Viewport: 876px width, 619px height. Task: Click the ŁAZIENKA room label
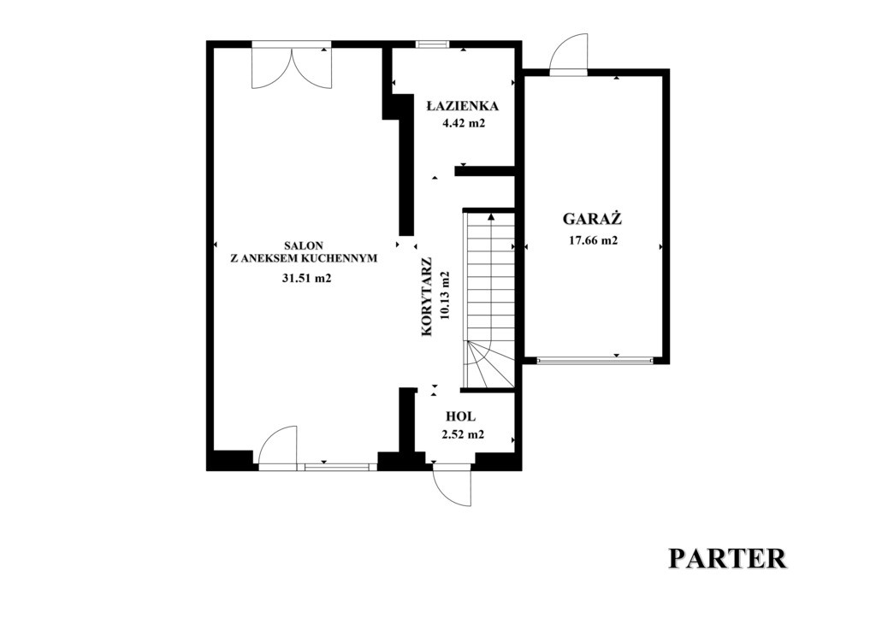click(x=462, y=105)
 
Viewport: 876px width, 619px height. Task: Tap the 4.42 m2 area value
click(x=463, y=123)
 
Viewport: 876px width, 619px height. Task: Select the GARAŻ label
click(x=592, y=218)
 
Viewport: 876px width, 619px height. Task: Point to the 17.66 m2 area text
click(x=593, y=240)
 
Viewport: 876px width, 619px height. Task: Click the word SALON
click(x=304, y=245)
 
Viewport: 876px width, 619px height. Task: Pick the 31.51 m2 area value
click(x=307, y=279)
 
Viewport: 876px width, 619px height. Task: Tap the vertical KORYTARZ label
click(x=427, y=297)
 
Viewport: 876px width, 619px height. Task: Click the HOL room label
click(x=461, y=416)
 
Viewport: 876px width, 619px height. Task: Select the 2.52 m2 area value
click(x=463, y=434)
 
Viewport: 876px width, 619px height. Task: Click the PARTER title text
click(x=728, y=558)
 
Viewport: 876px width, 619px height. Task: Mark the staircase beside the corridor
click(x=488, y=299)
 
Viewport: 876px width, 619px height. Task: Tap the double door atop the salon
click(x=292, y=65)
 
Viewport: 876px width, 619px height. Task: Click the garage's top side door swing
click(x=569, y=54)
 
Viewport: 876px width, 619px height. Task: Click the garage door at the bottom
click(x=595, y=361)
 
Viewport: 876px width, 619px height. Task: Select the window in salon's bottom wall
click(x=337, y=466)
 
